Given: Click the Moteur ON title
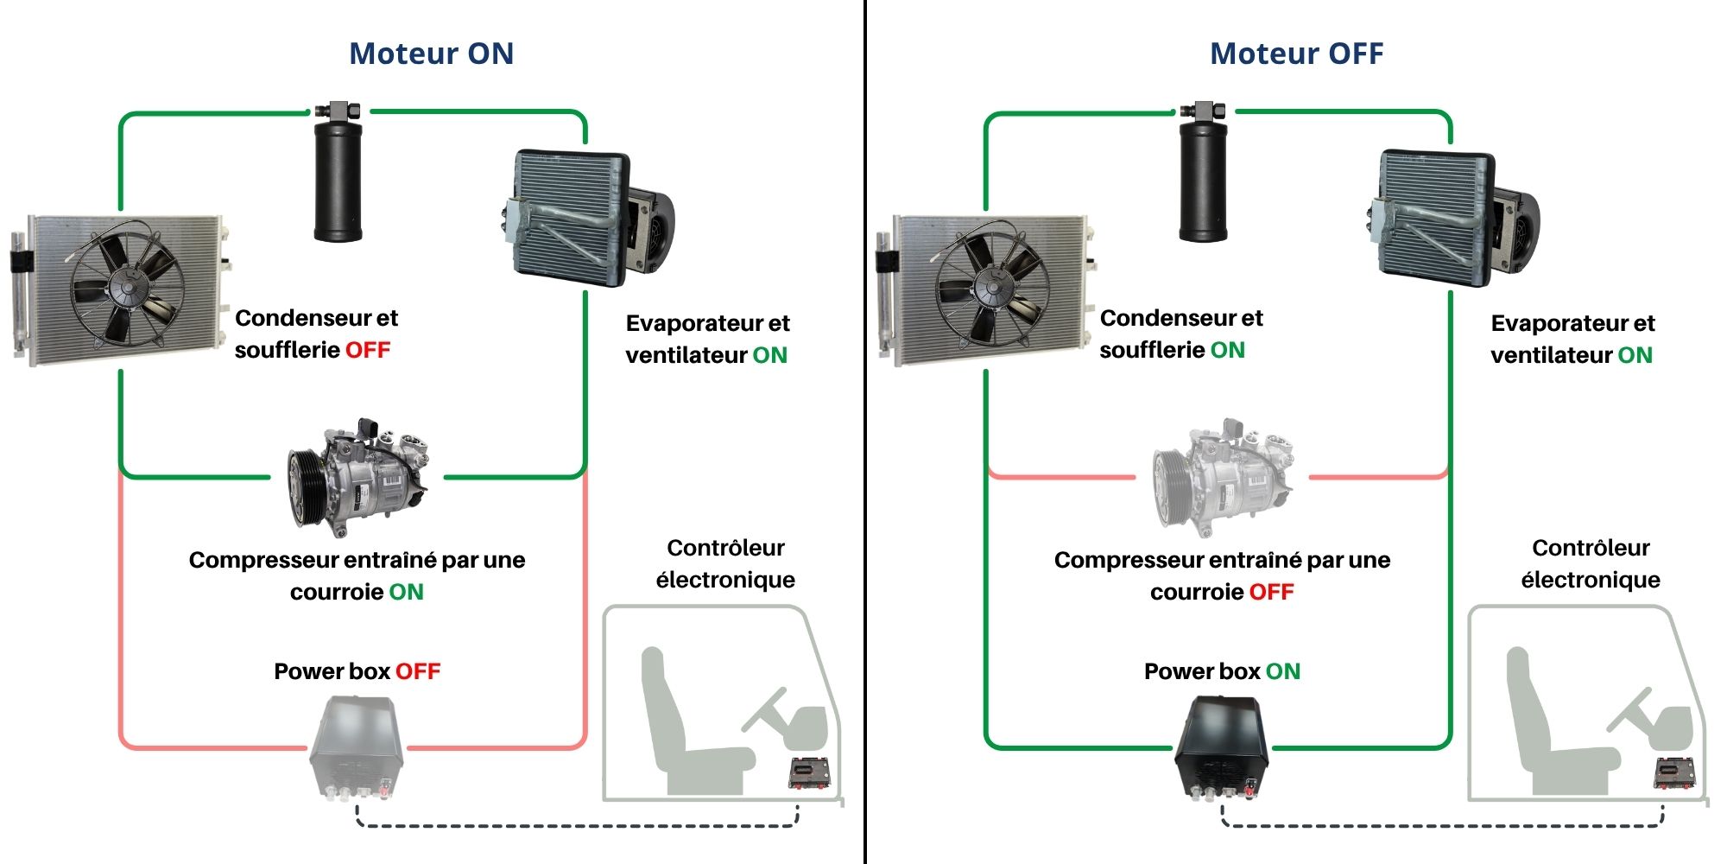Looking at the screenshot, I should [431, 54].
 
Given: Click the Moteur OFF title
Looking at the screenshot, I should [1296, 54].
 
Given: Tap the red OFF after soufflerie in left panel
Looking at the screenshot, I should [368, 350].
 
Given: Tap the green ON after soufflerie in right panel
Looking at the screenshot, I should [1227, 350].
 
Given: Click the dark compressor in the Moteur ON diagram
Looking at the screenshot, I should [358, 480].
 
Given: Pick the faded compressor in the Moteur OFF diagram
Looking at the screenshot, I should [1224, 480].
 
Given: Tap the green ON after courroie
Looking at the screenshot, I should [406, 592].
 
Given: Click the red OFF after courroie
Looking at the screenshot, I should [1271, 592].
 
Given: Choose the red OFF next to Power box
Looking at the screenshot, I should [418, 671].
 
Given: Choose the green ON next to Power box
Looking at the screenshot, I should [1282, 671].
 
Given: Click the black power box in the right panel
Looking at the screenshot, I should [1222, 747].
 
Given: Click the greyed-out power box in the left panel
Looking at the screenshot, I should [357, 747].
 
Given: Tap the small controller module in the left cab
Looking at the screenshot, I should [809, 772].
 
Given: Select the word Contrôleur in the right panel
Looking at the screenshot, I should [1591, 548].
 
